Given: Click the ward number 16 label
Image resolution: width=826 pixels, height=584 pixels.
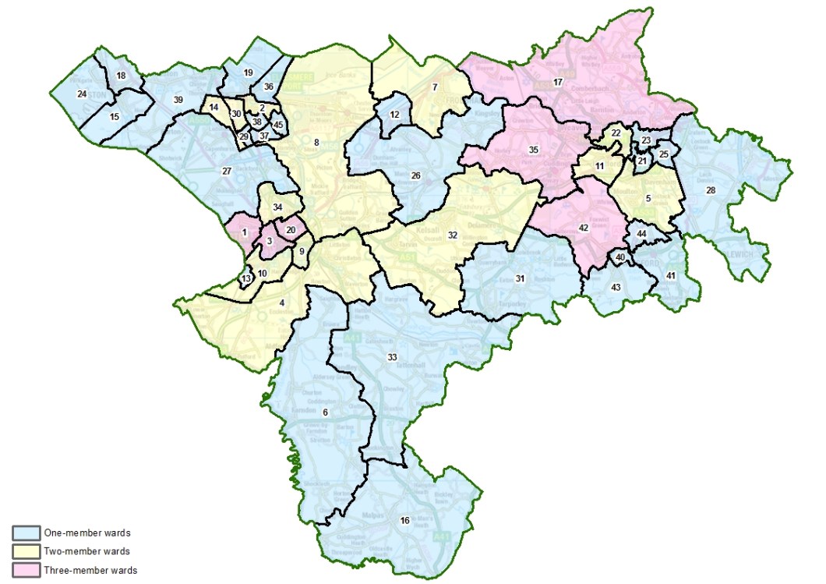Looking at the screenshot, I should click(404, 521).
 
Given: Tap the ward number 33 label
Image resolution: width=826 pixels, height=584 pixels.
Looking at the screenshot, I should click(392, 356).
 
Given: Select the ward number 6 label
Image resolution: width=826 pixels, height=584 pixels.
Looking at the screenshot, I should click(325, 412).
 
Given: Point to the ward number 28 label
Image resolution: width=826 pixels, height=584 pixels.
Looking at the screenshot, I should click(710, 190).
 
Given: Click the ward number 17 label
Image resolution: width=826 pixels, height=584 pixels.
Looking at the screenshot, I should click(557, 82).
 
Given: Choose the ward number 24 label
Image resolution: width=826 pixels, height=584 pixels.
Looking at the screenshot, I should click(81, 94).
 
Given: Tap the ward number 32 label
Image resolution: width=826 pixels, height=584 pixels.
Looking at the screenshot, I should click(452, 234).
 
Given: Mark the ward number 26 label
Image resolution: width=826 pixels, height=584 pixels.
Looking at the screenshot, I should click(415, 176).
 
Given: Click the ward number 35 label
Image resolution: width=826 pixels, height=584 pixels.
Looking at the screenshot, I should click(534, 149).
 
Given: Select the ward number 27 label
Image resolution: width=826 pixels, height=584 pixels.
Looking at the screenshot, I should click(227, 171).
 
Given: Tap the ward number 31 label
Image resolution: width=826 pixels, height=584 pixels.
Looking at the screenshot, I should click(520, 278).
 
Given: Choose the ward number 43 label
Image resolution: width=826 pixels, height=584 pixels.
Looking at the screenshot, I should click(616, 288).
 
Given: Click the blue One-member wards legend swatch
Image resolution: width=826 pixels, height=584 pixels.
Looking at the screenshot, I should click(26, 533).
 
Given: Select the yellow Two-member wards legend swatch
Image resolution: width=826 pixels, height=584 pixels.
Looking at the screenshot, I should click(26, 552).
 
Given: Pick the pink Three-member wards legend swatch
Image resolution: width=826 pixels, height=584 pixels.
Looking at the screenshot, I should click(26, 570).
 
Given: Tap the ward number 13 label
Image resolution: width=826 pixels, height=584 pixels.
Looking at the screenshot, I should click(246, 278).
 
